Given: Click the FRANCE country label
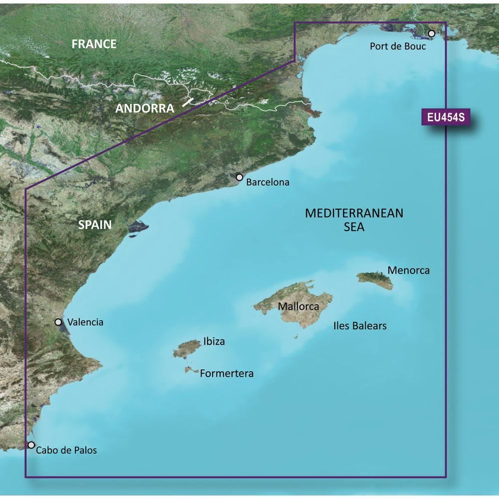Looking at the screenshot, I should pos(94,44).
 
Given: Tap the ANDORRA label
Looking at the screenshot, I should pos(145,108).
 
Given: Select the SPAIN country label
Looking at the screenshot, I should pos(95,225).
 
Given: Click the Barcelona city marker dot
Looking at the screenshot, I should pos(240,177).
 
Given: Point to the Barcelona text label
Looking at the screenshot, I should pos(268,182).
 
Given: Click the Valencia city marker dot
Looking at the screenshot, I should pos(58,322).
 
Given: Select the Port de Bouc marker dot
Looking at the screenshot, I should pos(432,34).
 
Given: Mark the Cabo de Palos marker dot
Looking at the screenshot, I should pos(31,445).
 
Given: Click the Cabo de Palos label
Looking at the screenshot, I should pos(66,450).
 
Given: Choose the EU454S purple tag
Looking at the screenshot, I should pos(446,118).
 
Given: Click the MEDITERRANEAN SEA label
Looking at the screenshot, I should pos(354,220).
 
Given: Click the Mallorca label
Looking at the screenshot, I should pos(298,306).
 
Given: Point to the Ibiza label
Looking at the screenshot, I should pos(214,342).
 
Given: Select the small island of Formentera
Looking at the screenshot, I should pos(190,370).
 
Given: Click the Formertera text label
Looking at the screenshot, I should pos(227,373).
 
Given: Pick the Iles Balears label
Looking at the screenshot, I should pos(360,326).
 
